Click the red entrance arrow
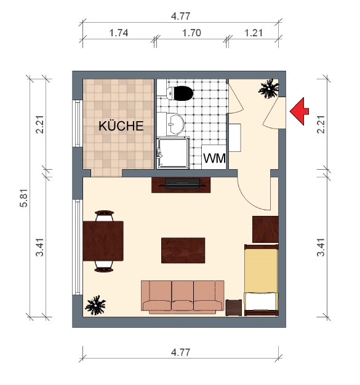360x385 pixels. (300, 111)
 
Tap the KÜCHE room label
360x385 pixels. (121, 127)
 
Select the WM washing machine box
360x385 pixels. (214, 158)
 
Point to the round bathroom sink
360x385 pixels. (176, 123)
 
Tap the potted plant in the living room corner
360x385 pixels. (95, 304)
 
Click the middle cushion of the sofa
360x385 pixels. (183, 295)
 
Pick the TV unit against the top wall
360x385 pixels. (182, 184)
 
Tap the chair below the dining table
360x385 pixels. (105, 265)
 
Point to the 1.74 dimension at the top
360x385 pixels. (118, 33)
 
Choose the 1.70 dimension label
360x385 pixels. (192, 33)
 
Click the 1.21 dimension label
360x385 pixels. (254, 33)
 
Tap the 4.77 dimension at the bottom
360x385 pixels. (180, 352)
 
